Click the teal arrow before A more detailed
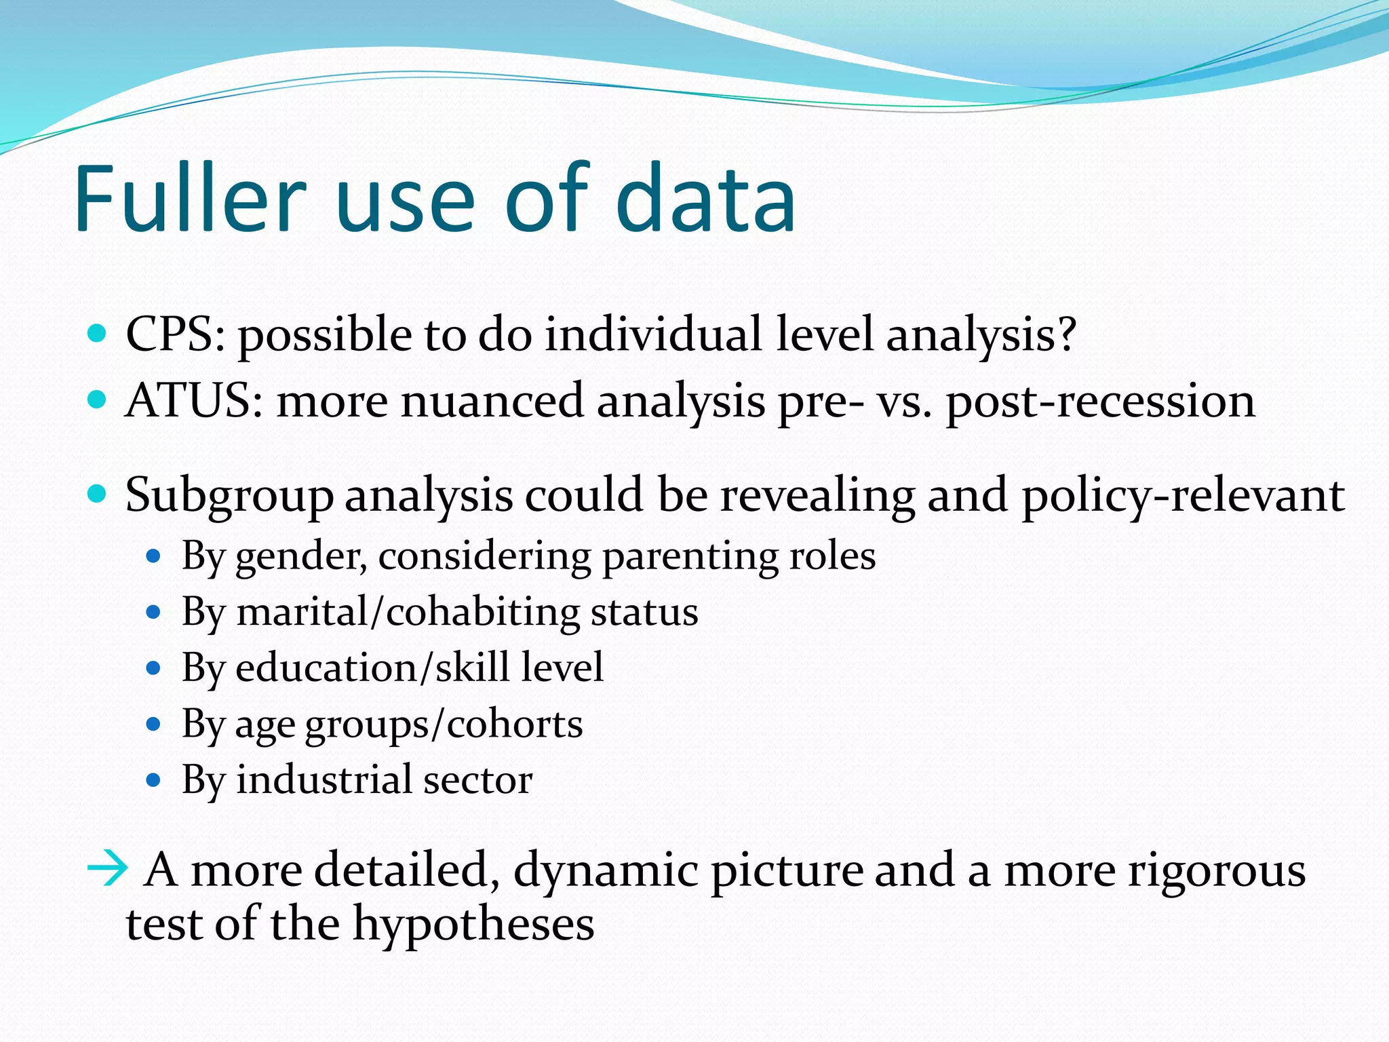click(107, 868)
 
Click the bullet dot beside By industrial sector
click(154, 781)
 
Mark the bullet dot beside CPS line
click(98, 333)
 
